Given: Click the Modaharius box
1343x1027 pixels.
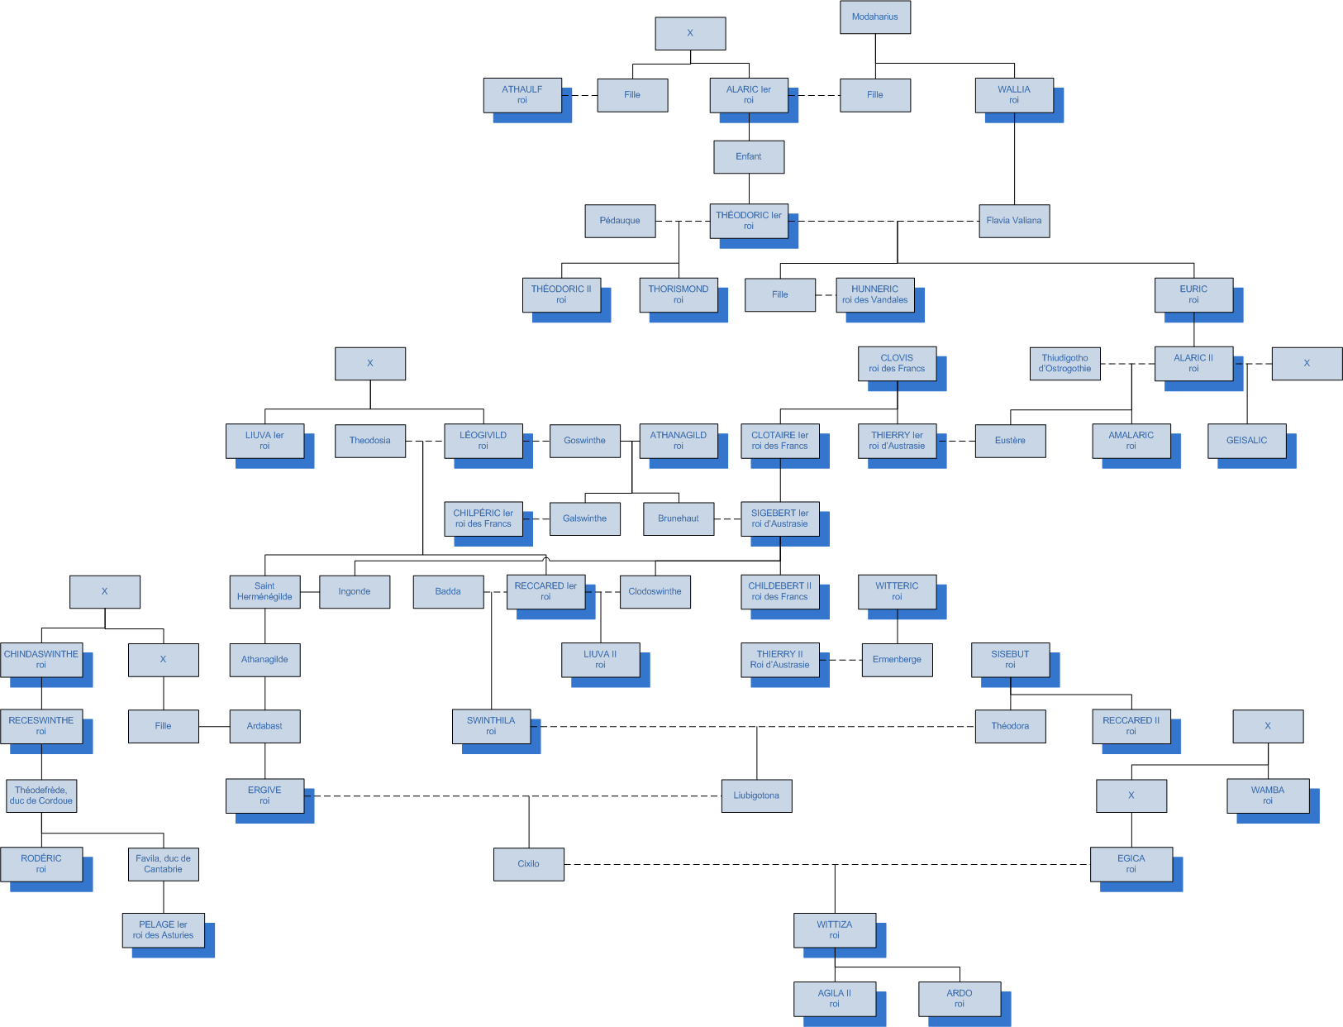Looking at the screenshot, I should [x=874, y=17].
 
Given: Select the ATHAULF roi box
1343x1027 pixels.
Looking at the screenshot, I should [x=522, y=95].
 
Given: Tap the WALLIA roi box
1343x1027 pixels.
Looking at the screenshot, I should [x=1013, y=95].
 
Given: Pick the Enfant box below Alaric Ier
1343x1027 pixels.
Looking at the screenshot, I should [x=749, y=156].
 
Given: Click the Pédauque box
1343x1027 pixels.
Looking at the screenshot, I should [x=620, y=221].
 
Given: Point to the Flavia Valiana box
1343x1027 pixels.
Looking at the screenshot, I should [x=1013, y=221].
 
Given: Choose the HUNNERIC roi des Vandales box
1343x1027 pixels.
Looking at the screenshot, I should [x=874, y=294].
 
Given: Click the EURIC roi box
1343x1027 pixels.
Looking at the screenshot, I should [x=1193, y=294].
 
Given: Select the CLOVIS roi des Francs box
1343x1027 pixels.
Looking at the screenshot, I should [x=897, y=363].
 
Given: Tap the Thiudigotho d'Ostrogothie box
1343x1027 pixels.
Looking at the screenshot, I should [x=1064, y=363].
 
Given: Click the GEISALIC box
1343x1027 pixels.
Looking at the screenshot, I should [x=1246, y=441].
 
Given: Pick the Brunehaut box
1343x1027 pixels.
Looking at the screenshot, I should [x=679, y=518].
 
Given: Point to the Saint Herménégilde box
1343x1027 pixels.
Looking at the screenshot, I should [x=264, y=591].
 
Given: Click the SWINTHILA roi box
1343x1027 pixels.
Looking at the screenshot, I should [x=491, y=726].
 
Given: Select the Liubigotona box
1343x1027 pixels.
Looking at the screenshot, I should [x=756, y=795].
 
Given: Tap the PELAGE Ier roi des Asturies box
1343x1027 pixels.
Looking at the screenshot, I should [x=163, y=930].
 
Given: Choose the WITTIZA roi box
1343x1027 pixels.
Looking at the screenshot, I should [x=834, y=930].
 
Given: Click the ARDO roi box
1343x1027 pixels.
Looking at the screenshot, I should [x=959, y=999].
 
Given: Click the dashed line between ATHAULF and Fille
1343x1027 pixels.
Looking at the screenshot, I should [x=583, y=95].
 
